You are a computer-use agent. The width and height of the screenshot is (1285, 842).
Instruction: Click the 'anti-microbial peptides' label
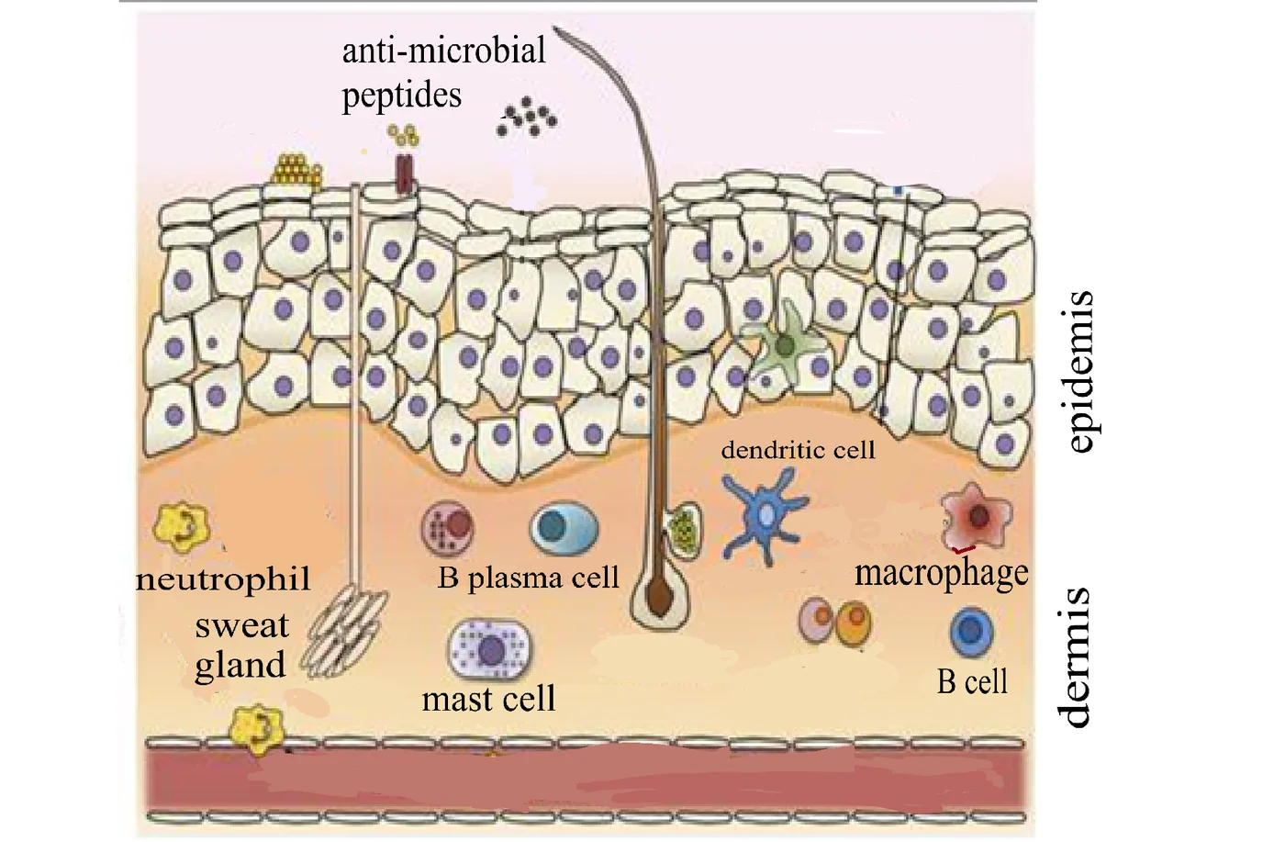pos(443,73)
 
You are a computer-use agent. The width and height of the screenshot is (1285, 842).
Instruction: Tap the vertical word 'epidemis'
pos(1082,371)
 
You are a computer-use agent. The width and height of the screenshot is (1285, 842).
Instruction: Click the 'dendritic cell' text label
pos(798,450)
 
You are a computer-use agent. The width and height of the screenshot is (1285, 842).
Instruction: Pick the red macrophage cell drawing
pos(977,516)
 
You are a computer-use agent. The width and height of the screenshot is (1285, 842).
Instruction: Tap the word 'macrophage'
pos(942,574)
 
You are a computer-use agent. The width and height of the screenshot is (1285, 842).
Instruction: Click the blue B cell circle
pos(972,632)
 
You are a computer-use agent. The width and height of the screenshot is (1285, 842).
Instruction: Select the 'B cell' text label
pos(972,682)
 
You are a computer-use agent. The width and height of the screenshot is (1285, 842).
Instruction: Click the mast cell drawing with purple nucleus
pos(489,648)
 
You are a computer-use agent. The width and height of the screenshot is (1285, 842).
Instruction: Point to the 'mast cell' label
pos(488,699)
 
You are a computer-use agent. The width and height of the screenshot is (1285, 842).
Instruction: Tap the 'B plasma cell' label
pos(529,578)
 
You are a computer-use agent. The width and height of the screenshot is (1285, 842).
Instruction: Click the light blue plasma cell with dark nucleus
pos(564,526)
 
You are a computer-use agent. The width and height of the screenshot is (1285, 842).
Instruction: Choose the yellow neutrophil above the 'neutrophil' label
pos(182,527)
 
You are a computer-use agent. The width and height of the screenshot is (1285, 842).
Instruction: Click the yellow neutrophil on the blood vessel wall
pos(258,729)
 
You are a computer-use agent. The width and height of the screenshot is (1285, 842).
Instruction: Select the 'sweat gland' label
pos(240,646)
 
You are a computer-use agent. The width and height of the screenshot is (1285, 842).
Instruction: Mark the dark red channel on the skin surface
pos(405,174)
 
